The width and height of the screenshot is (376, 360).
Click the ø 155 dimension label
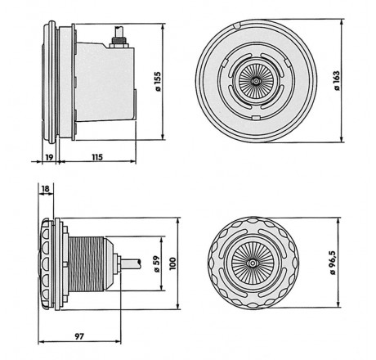point(158,82)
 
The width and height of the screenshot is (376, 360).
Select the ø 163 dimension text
point(337,81)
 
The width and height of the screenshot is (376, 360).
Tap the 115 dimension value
point(97,157)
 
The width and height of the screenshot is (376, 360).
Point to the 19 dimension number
point(49,157)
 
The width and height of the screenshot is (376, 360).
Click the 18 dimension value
point(46,189)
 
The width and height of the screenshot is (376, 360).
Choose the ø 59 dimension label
point(157,263)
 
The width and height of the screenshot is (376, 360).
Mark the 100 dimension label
point(172,263)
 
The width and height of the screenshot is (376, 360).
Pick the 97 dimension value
point(79,336)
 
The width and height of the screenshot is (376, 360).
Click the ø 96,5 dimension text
point(333,263)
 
